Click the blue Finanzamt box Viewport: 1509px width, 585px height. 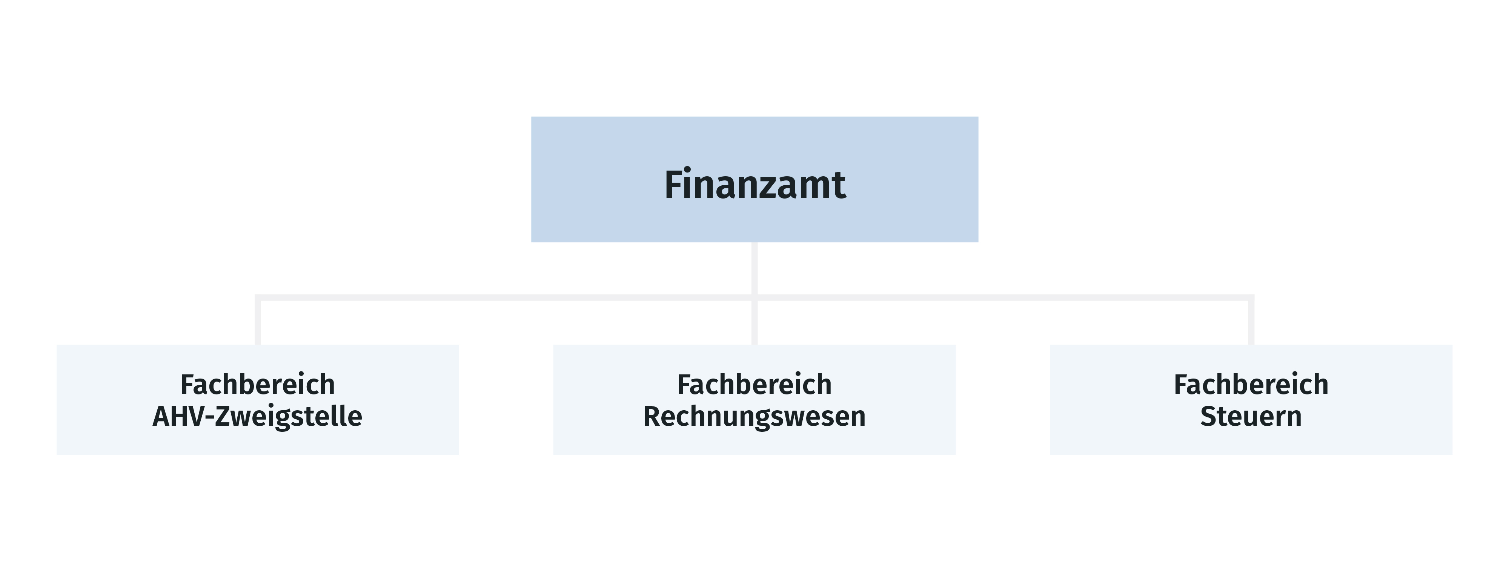754,179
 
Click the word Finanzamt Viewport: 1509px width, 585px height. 754,184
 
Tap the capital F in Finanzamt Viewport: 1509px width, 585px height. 674,184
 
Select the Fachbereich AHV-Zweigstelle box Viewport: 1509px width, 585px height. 258,399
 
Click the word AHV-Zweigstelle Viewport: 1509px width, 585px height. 258,417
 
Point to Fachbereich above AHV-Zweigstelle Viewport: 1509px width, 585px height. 258,385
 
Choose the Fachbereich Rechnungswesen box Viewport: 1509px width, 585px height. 754,399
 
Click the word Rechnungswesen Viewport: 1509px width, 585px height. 754,417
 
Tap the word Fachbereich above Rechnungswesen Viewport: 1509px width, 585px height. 754,385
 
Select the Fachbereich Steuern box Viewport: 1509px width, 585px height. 1251,399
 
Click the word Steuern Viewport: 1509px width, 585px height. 1251,416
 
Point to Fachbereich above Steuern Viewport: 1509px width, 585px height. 1251,385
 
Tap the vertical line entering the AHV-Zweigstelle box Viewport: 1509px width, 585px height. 258,321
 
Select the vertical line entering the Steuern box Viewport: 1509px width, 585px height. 1251,321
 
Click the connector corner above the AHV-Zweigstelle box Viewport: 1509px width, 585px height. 258,298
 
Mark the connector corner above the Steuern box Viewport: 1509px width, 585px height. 1251,298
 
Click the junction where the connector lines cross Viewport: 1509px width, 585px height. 754,298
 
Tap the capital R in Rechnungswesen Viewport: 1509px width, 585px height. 652,416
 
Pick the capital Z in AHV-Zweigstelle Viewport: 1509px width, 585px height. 224,416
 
